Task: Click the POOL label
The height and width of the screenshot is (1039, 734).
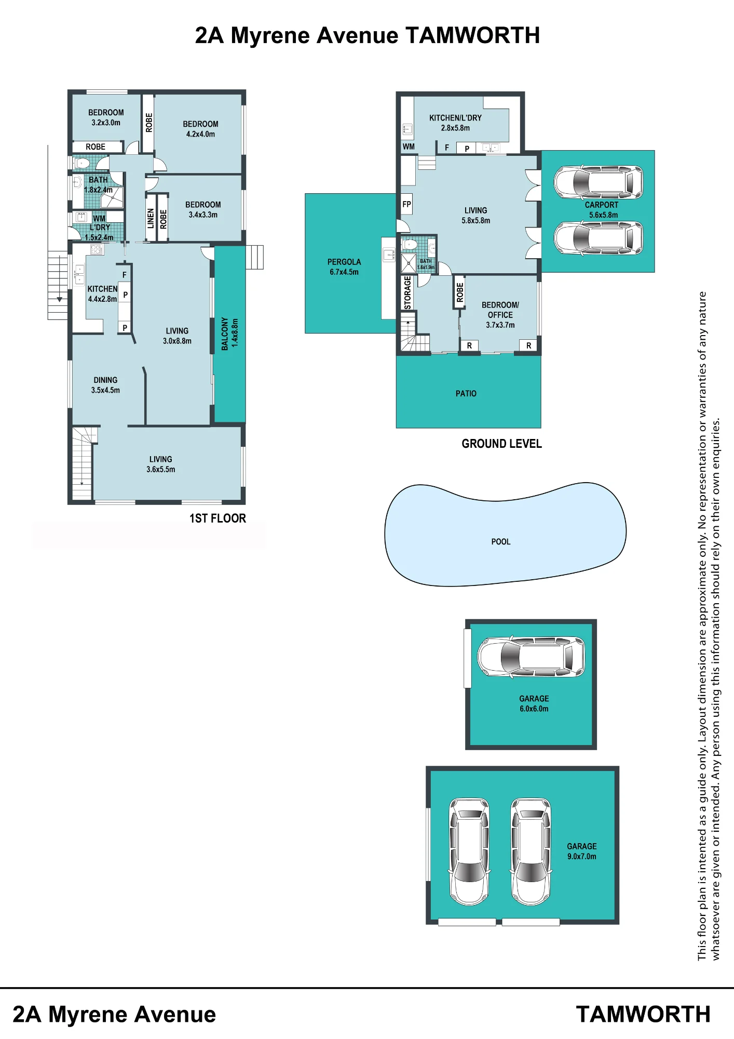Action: [x=501, y=542]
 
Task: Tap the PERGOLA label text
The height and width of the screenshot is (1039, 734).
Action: [x=344, y=262]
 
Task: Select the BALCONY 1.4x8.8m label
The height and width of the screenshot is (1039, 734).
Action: [x=230, y=334]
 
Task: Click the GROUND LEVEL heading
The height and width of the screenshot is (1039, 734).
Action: [x=501, y=444]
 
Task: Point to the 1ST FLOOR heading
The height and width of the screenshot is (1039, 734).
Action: [x=218, y=518]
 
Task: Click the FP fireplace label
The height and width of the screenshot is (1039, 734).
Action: [x=406, y=204]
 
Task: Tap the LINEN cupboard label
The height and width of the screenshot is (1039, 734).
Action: [x=151, y=218]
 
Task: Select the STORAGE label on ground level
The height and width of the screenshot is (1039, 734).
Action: [x=407, y=292]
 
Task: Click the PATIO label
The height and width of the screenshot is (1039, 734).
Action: [x=466, y=394]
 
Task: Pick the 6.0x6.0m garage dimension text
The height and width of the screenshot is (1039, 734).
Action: [x=534, y=709]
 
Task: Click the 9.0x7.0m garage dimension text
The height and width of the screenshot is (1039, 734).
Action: [x=582, y=856]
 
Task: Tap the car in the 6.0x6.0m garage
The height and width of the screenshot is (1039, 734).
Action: [x=531, y=657]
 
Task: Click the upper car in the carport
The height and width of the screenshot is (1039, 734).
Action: [x=599, y=182]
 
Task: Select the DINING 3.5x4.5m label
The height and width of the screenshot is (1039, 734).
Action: [x=105, y=385]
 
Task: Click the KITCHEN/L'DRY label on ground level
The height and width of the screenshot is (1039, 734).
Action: [x=455, y=118]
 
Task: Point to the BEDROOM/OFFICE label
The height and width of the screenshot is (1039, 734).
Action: [x=500, y=310]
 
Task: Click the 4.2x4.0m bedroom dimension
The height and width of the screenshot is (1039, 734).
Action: [x=201, y=134]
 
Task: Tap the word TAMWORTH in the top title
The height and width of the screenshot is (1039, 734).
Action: [x=473, y=35]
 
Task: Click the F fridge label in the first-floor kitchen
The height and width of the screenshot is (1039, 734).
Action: [x=125, y=275]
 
